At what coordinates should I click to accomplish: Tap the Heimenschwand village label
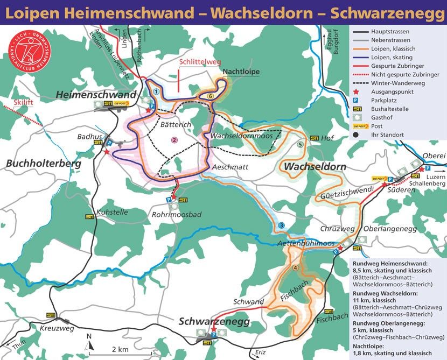click(x=96, y=95)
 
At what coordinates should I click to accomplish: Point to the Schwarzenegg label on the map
click(x=215, y=321)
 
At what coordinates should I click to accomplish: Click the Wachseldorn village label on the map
click(x=315, y=166)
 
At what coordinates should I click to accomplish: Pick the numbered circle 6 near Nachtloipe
click(x=211, y=96)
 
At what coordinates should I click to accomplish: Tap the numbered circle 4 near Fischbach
click(x=295, y=268)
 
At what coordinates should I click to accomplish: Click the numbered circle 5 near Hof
click(x=300, y=144)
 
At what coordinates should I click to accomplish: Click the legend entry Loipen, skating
click(x=392, y=57)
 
